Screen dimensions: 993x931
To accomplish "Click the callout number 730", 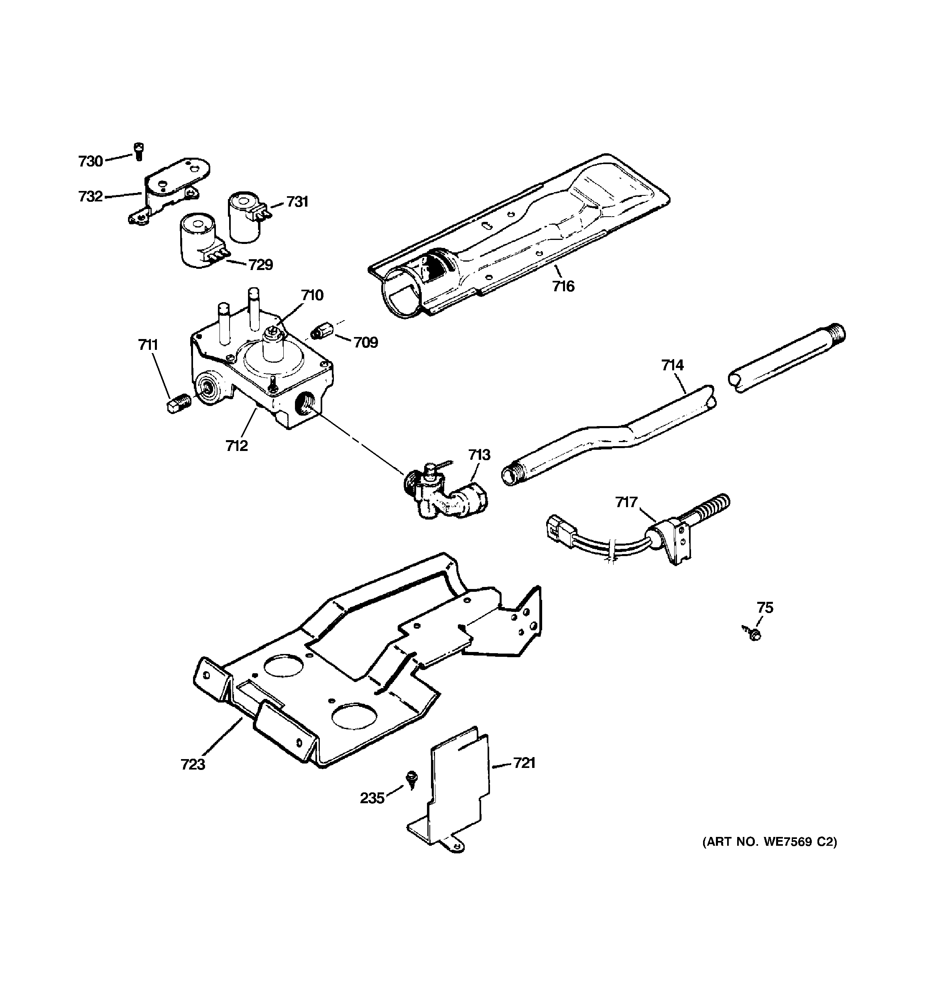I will pyautogui.click(x=90, y=161).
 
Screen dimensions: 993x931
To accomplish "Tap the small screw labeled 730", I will pyautogui.click(x=138, y=151).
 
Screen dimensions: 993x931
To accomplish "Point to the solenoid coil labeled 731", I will pyautogui.click(x=245, y=218).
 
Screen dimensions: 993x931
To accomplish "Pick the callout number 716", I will pyautogui.click(x=563, y=286).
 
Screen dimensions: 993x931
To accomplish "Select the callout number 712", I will pyautogui.click(x=236, y=446).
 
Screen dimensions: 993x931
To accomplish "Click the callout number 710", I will pyautogui.click(x=312, y=295).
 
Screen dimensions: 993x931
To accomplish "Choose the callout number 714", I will pyautogui.click(x=672, y=366).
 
